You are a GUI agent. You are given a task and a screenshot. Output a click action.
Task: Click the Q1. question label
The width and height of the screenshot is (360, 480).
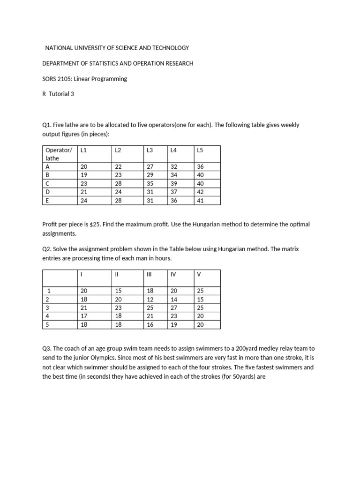pyautogui.click(x=46, y=125)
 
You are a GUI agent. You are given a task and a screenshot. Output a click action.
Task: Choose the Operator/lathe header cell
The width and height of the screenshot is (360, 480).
pyautogui.click(x=59, y=154)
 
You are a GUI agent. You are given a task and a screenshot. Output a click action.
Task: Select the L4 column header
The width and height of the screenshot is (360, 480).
pyautogui.click(x=174, y=150)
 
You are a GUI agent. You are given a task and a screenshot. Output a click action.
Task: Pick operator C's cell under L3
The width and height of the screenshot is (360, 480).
pyautogui.click(x=150, y=184)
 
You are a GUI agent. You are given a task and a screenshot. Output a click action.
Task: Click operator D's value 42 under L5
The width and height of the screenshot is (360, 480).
pyautogui.click(x=201, y=192)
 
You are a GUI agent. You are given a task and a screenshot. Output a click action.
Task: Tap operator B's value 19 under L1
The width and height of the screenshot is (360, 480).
pyautogui.click(x=84, y=175)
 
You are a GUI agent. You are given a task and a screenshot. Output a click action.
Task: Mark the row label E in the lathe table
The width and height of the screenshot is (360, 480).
pyautogui.click(x=47, y=201)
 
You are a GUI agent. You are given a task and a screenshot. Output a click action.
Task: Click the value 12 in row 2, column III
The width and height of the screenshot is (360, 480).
pyautogui.click(x=150, y=300)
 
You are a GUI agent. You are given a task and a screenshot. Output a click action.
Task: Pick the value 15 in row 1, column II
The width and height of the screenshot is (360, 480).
pyautogui.click(x=118, y=291)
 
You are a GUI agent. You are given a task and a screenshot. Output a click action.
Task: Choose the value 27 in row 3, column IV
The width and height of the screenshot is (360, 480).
pyautogui.click(x=175, y=308)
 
